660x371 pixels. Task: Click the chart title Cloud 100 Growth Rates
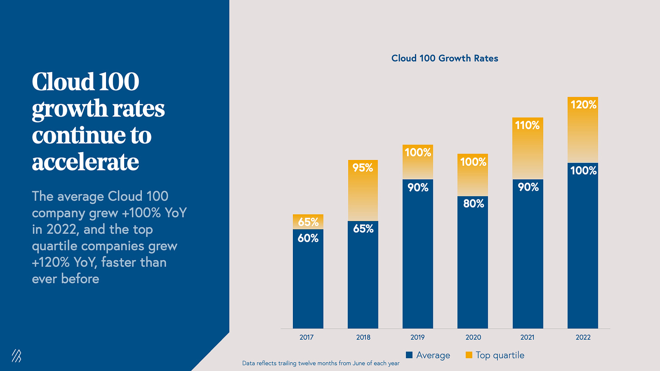(444, 58)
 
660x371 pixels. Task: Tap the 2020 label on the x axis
(473, 337)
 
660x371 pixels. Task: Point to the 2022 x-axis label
(582, 337)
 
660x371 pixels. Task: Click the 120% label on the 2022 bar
(583, 105)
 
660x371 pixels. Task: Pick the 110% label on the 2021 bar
(528, 125)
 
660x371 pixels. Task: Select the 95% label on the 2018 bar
(363, 168)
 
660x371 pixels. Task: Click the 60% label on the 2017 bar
(308, 237)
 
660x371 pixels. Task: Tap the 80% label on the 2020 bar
(473, 204)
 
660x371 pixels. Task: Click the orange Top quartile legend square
(468, 355)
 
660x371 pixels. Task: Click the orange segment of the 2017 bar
(308, 222)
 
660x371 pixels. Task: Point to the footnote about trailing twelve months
(321, 363)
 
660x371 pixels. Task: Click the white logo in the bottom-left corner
(16, 357)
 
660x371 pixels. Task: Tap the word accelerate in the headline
(85, 162)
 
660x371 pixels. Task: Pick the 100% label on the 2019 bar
(417, 153)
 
